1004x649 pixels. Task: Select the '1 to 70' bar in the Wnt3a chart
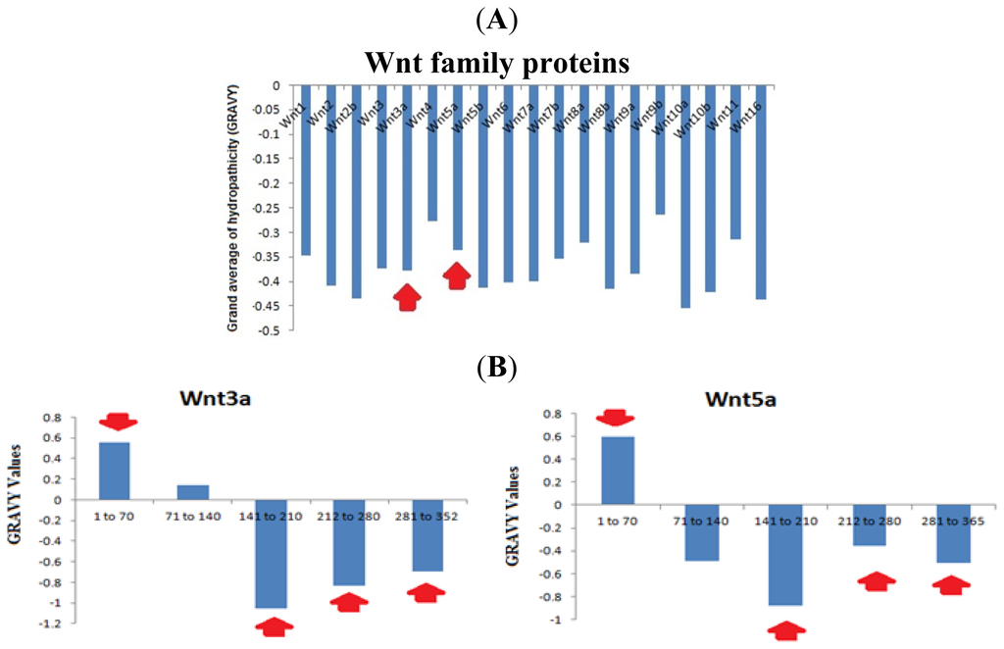(x=115, y=471)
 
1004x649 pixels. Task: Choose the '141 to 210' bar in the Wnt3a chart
(x=269, y=554)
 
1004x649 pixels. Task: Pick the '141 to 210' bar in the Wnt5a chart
(x=784, y=555)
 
